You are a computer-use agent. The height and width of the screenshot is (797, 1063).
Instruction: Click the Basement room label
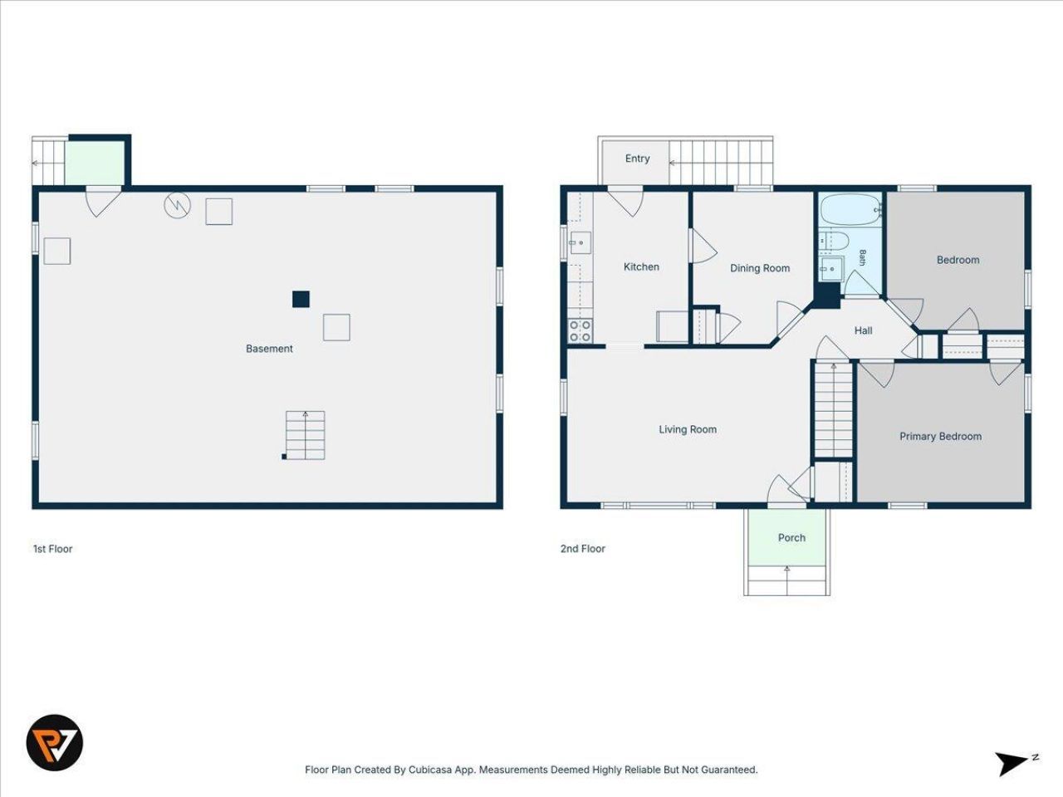pos(269,349)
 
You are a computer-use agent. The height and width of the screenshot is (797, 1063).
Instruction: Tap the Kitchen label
pos(641,266)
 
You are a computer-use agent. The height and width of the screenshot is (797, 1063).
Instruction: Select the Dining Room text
pos(760,268)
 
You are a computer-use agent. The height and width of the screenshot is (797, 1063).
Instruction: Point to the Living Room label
pos(688,429)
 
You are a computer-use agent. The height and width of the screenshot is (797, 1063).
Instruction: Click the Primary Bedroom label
pos(940,437)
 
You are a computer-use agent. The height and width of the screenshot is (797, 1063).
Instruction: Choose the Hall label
pos(863,330)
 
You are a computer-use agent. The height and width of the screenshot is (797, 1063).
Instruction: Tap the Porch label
pos(791,538)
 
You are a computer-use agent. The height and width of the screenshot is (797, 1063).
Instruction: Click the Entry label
pos(637,159)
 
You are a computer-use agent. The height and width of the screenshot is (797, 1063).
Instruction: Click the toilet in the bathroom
pos(834,241)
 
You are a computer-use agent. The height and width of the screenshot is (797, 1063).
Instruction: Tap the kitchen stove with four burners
pos(580,331)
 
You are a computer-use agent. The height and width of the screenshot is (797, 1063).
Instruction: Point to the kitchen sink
pos(580,242)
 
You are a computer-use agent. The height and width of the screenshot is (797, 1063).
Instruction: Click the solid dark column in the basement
pos(301,299)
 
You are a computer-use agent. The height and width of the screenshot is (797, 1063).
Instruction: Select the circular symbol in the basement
pos(177,206)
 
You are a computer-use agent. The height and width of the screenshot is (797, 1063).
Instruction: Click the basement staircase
pos(305,435)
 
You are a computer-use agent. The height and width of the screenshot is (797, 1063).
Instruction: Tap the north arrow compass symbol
pos(1016,764)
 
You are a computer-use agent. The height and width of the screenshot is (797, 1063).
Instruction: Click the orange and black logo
pos(55,743)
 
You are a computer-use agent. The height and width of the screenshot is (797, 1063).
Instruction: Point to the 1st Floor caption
pos(53,549)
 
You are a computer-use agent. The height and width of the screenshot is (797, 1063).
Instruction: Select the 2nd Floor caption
pos(583,549)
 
